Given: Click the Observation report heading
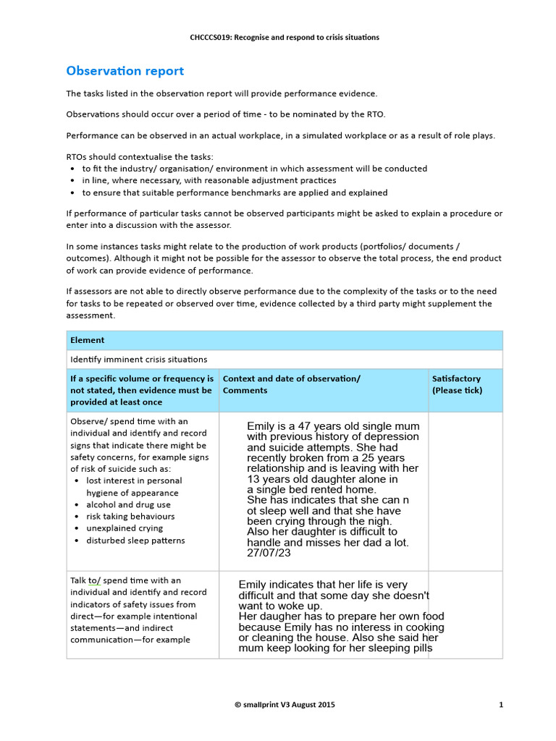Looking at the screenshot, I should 125,71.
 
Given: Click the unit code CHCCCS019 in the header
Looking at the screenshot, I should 211,37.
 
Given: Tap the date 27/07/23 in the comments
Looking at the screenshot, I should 269,553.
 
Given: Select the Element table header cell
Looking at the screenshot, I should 87,340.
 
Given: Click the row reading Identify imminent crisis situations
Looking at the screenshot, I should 138,359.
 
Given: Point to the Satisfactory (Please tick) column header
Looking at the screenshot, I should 457,384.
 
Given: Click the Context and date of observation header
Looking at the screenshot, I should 291,378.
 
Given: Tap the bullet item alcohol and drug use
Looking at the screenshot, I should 128,505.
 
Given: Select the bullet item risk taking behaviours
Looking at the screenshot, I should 130,517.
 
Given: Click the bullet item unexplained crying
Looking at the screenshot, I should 125,528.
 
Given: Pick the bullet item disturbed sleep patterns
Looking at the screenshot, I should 135,541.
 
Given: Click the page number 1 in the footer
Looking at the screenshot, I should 501,704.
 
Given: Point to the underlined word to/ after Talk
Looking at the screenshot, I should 95,580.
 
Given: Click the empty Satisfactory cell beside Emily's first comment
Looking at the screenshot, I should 465,491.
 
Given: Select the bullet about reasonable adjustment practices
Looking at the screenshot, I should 208,180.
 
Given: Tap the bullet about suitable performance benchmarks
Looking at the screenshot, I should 235,192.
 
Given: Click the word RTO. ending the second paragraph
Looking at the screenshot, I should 375,114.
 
